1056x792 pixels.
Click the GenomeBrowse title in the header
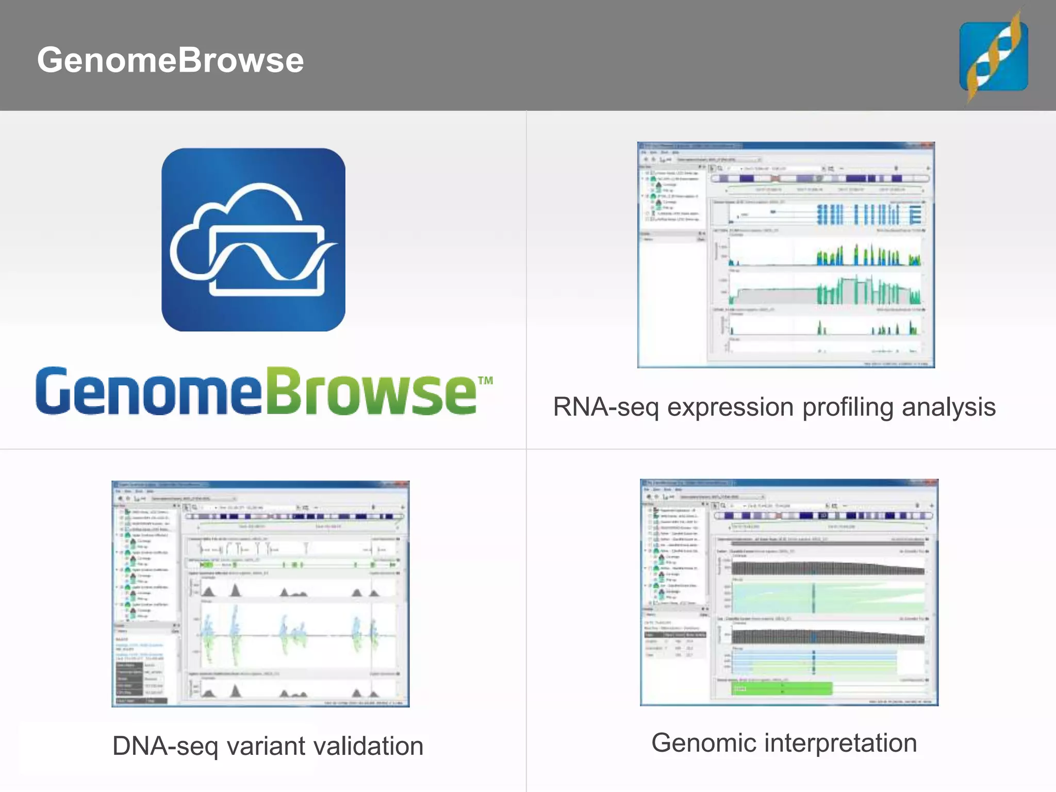(x=170, y=60)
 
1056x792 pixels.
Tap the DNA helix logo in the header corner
(x=994, y=56)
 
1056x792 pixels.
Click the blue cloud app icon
(x=253, y=240)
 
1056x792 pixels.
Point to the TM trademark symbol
(x=485, y=381)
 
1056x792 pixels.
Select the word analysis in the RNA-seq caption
(x=948, y=407)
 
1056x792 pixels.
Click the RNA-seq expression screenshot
(x=786, y=255)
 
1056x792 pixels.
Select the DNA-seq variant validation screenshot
(x=260, y=593)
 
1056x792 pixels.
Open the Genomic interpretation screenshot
(x=789, y=592)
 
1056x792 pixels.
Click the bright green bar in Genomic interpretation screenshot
(x=781, y=689)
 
